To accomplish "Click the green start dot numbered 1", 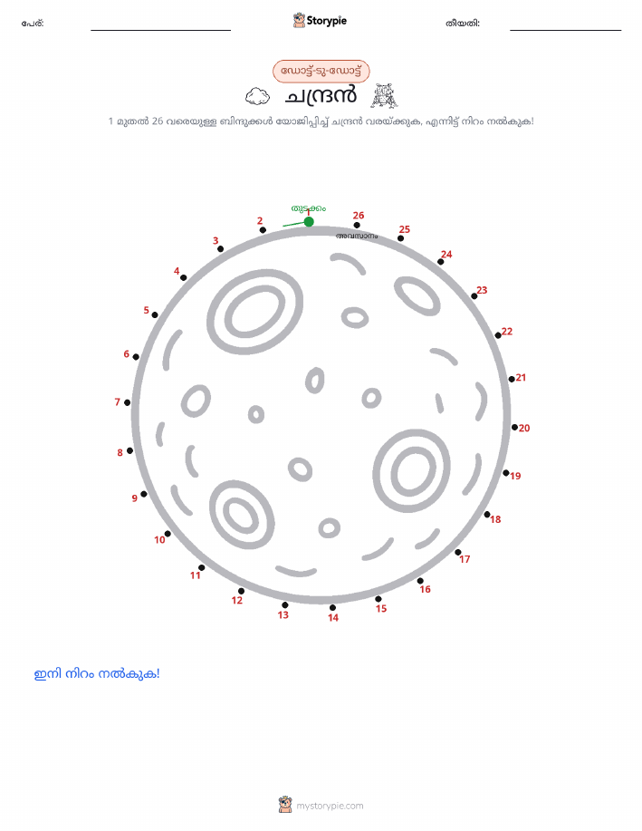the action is [309, 221].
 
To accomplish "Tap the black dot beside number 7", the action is [127, 402].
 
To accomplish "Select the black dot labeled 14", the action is [332, 608].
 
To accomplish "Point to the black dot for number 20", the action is [514, 427].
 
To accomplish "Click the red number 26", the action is [359, 215].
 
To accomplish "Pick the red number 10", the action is [159, 539].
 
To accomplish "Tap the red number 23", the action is [482, 290].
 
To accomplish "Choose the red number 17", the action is [465, 558].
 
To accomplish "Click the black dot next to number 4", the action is [183, 277].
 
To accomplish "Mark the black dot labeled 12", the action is [241, 591].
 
